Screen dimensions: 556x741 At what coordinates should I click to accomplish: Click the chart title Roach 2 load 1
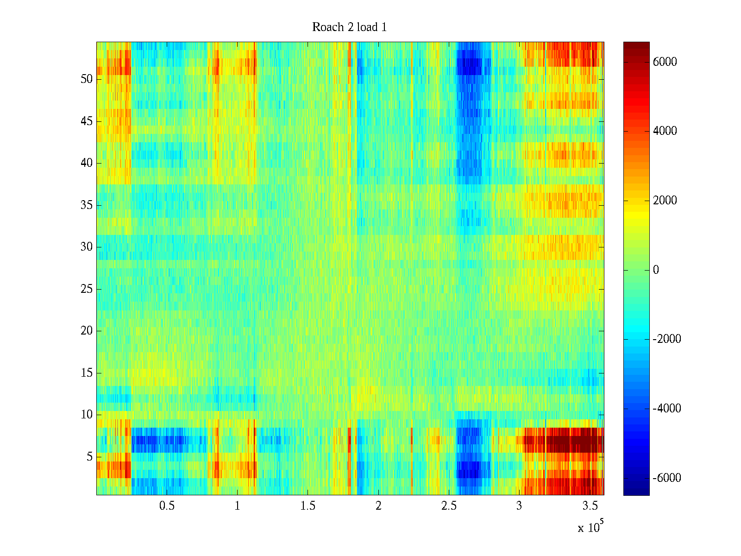(x=349, y=27)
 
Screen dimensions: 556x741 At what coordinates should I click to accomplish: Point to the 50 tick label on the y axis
(x=87, y=79)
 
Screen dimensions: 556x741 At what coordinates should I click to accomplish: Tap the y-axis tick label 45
(x=87, y=121)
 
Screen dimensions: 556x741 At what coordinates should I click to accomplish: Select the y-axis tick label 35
(x=87, y=205)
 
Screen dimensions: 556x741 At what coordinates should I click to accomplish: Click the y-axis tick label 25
(x=87, y=289)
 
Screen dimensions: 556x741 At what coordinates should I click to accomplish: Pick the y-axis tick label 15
(x=87, y=373)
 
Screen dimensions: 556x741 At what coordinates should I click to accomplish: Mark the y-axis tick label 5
(x=89, y=457)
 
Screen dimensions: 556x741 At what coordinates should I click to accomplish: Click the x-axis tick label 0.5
(x=167, y=505)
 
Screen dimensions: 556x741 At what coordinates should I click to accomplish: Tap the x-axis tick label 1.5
(x=308, y=505)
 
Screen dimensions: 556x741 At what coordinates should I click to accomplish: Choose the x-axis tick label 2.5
(x=449, y=505)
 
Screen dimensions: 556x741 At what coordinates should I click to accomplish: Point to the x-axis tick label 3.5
(x=590, y=505)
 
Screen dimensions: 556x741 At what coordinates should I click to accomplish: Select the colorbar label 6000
(x=665, y=62)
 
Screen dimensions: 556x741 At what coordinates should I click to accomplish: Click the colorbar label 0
(x=656, y=270)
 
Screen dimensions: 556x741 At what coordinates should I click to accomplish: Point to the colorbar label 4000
(x=665, y=131)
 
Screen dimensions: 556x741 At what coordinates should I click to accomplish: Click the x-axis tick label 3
(x=519, y=505)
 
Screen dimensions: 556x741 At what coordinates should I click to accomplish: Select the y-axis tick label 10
(x=87, y=415)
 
